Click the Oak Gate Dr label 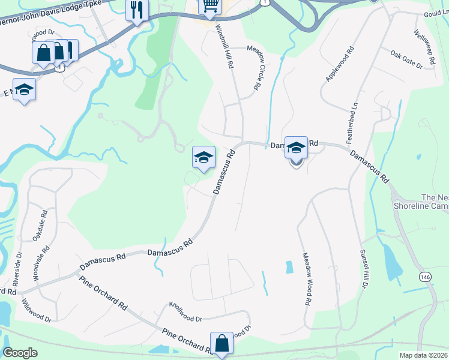coord(407,60)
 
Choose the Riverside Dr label coord(17,269)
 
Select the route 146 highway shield coord(426,277)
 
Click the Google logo coord(20,353)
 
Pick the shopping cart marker coord(209,6)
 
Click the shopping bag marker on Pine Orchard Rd coord(221,343)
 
